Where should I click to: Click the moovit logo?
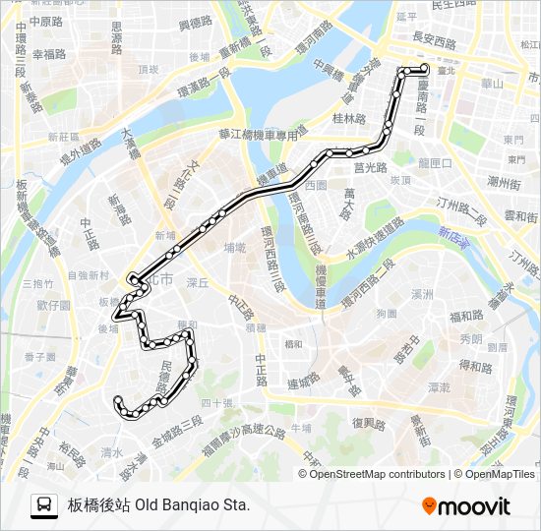click(466, 506)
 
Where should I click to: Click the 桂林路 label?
click(349, 118)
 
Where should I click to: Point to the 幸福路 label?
click(49, 55)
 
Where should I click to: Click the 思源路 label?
click(117, 38)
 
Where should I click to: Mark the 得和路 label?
click(475, 366)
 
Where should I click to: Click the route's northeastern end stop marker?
click(424, 69)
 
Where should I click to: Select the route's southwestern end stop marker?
click(119, 400)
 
